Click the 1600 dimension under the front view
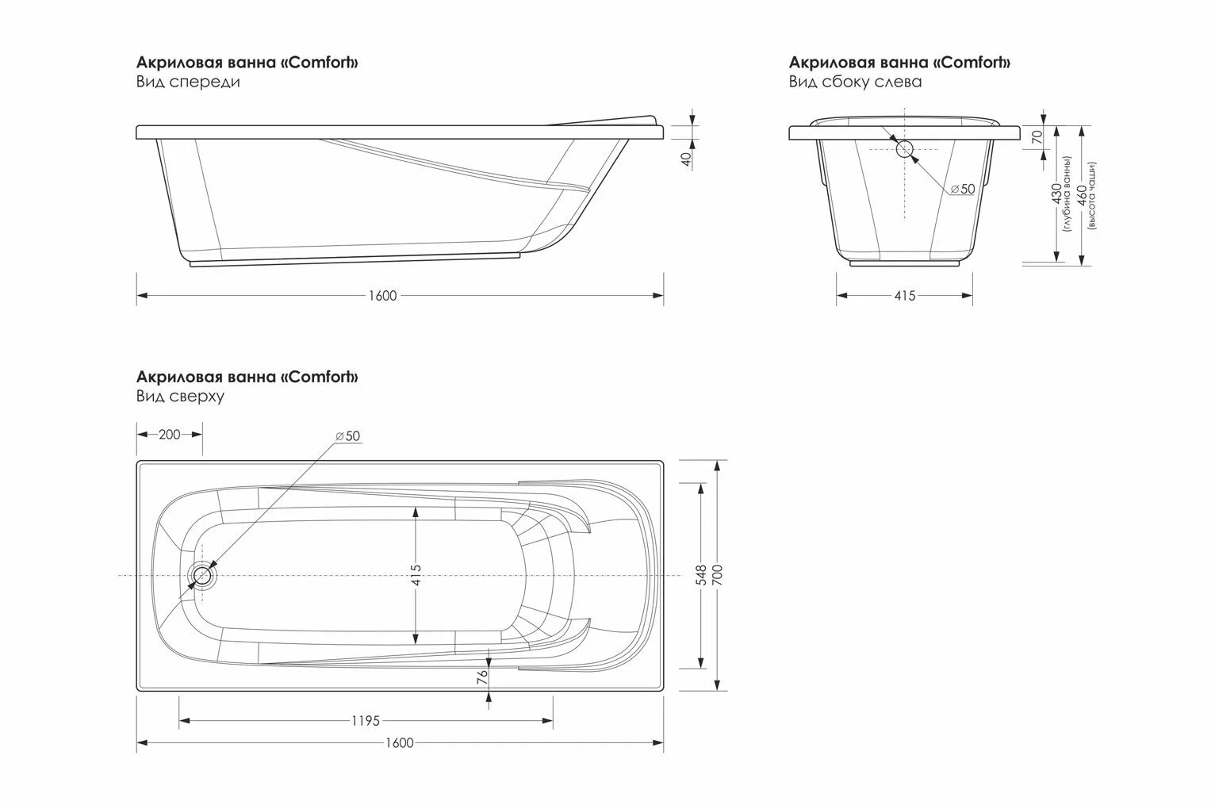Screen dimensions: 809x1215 pos(381,296)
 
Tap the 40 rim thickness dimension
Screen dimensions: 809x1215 pos(687,158)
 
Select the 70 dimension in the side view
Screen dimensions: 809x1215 pos(1036,136)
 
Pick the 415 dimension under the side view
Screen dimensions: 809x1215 pos(905,296)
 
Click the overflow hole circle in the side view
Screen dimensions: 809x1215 pos(904,148)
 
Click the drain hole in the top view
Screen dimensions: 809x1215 pos(203,576)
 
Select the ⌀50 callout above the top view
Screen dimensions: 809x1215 pos(347,436)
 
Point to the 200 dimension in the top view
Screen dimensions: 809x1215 pos(169,434)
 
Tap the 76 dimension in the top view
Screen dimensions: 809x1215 pos(481,676)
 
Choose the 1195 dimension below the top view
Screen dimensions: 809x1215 pos(365,721)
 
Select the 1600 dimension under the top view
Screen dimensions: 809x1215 pos(400,743)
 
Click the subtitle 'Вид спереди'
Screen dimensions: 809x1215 pos(188,82)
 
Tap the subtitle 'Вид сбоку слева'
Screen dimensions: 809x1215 pos(855,82)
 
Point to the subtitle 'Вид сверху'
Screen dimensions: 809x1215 pos(180,396)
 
